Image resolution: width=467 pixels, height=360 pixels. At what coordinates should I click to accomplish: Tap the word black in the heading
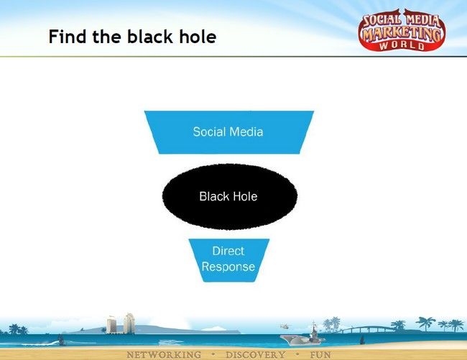pyautogui.click(x=150, y=37)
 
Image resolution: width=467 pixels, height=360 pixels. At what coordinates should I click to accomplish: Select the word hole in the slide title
pyautogui.click(x=198, y=37)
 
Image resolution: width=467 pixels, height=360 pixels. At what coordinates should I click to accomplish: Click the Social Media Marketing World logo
pyautogui.click(x=402, y=30)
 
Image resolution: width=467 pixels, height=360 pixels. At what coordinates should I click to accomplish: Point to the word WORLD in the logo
pyautogui.click(x=402, y=45)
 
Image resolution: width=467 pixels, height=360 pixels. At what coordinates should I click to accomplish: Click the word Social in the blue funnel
pyautogui.click(x=209, y=131)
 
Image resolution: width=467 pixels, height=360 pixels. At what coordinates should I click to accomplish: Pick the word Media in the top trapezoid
pyautogui.click(x=246, y=131)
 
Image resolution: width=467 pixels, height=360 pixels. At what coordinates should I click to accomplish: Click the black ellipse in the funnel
pyautogui.click(x=230, y=196)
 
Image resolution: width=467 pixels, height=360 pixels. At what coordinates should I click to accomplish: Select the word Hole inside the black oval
pyautogui.click(x=245, y=196)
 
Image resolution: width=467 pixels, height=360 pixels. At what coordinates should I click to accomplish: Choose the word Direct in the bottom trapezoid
pyautogui.click(x=228, y=251)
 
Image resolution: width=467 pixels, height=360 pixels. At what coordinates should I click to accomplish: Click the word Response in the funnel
pyautogui.click(x=228, y=267)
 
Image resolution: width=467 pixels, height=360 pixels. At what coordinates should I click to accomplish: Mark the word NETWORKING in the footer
pyautogui.click(x=164, y=355)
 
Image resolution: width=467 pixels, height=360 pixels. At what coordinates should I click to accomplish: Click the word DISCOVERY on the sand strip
pyautogui.click(x=255, y=355)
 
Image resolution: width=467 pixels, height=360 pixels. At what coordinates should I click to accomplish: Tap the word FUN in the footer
pyautogui.click(x=320, y=355)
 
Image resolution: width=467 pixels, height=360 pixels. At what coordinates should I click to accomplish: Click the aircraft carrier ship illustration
pyautogui.click(x=302, y=336)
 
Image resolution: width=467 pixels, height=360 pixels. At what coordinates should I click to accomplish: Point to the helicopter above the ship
pyautogui.click(x=284, y=326)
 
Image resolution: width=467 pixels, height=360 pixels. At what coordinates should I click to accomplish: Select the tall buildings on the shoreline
pyautogui.click(x=121, y=323)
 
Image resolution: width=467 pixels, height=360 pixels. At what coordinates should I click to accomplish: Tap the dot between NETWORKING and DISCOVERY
pyautogui.click(x=213, y=355)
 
